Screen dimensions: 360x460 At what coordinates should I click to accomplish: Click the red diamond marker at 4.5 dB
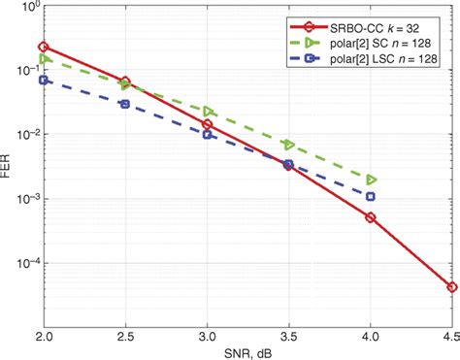click(x=452, y=287)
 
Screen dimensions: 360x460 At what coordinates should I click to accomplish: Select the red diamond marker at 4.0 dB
click(x=371, y=217)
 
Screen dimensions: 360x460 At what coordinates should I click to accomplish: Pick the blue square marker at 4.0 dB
click(x=371, y=196)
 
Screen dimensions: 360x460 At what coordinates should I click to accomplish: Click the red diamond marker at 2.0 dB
click(x=44, y=47)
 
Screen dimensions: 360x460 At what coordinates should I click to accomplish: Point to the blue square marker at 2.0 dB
click(x=44, y=80)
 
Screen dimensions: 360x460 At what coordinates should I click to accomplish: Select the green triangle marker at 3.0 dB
click(x=208, y=112)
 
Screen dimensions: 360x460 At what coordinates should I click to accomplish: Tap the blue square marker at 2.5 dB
click(x=125, y=103)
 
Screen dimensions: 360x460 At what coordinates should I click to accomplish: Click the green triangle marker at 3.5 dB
click(x=289, y=145)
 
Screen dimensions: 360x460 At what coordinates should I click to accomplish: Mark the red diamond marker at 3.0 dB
click(x=208, y=124)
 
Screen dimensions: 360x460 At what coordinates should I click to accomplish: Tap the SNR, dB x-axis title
click(x=247, y=351)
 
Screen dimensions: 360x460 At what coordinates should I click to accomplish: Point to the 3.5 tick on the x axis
click(x=289, y=335)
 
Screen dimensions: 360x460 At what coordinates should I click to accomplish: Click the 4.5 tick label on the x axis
click(x=448, y=335)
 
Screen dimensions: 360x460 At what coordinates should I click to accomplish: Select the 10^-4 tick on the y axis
click(x=25, y=263)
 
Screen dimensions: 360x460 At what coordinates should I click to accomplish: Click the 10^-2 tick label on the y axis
click(x=25, y=136)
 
